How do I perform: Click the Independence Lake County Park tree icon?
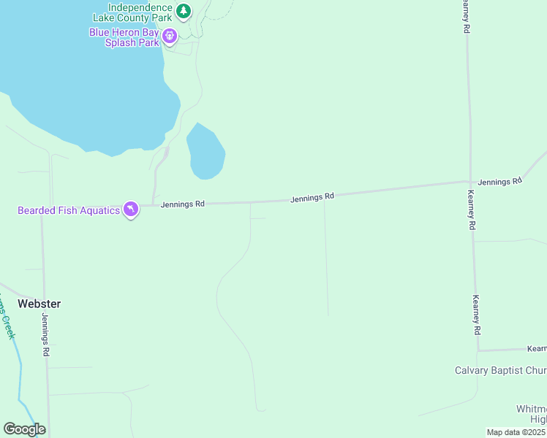coord(184,11)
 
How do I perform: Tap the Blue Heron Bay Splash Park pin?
coord(170,35)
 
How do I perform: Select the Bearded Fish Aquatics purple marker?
coord(131,210)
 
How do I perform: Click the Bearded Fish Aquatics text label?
coord(69,211)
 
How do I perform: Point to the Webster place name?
coord(39,304)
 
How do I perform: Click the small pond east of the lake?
coord(205,152)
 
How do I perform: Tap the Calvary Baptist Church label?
coord(500,370)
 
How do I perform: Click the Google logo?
coord(24,429)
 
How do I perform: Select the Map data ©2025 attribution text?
coord(515,432)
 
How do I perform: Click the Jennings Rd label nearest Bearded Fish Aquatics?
coord(182,204)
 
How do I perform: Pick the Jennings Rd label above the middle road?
coord(312,197)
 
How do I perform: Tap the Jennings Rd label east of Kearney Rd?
coord(500,180)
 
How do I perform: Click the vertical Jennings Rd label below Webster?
coord(45,334)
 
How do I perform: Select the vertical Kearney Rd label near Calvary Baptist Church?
coord(476,315)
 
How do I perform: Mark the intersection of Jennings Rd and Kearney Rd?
coord(469,182)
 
